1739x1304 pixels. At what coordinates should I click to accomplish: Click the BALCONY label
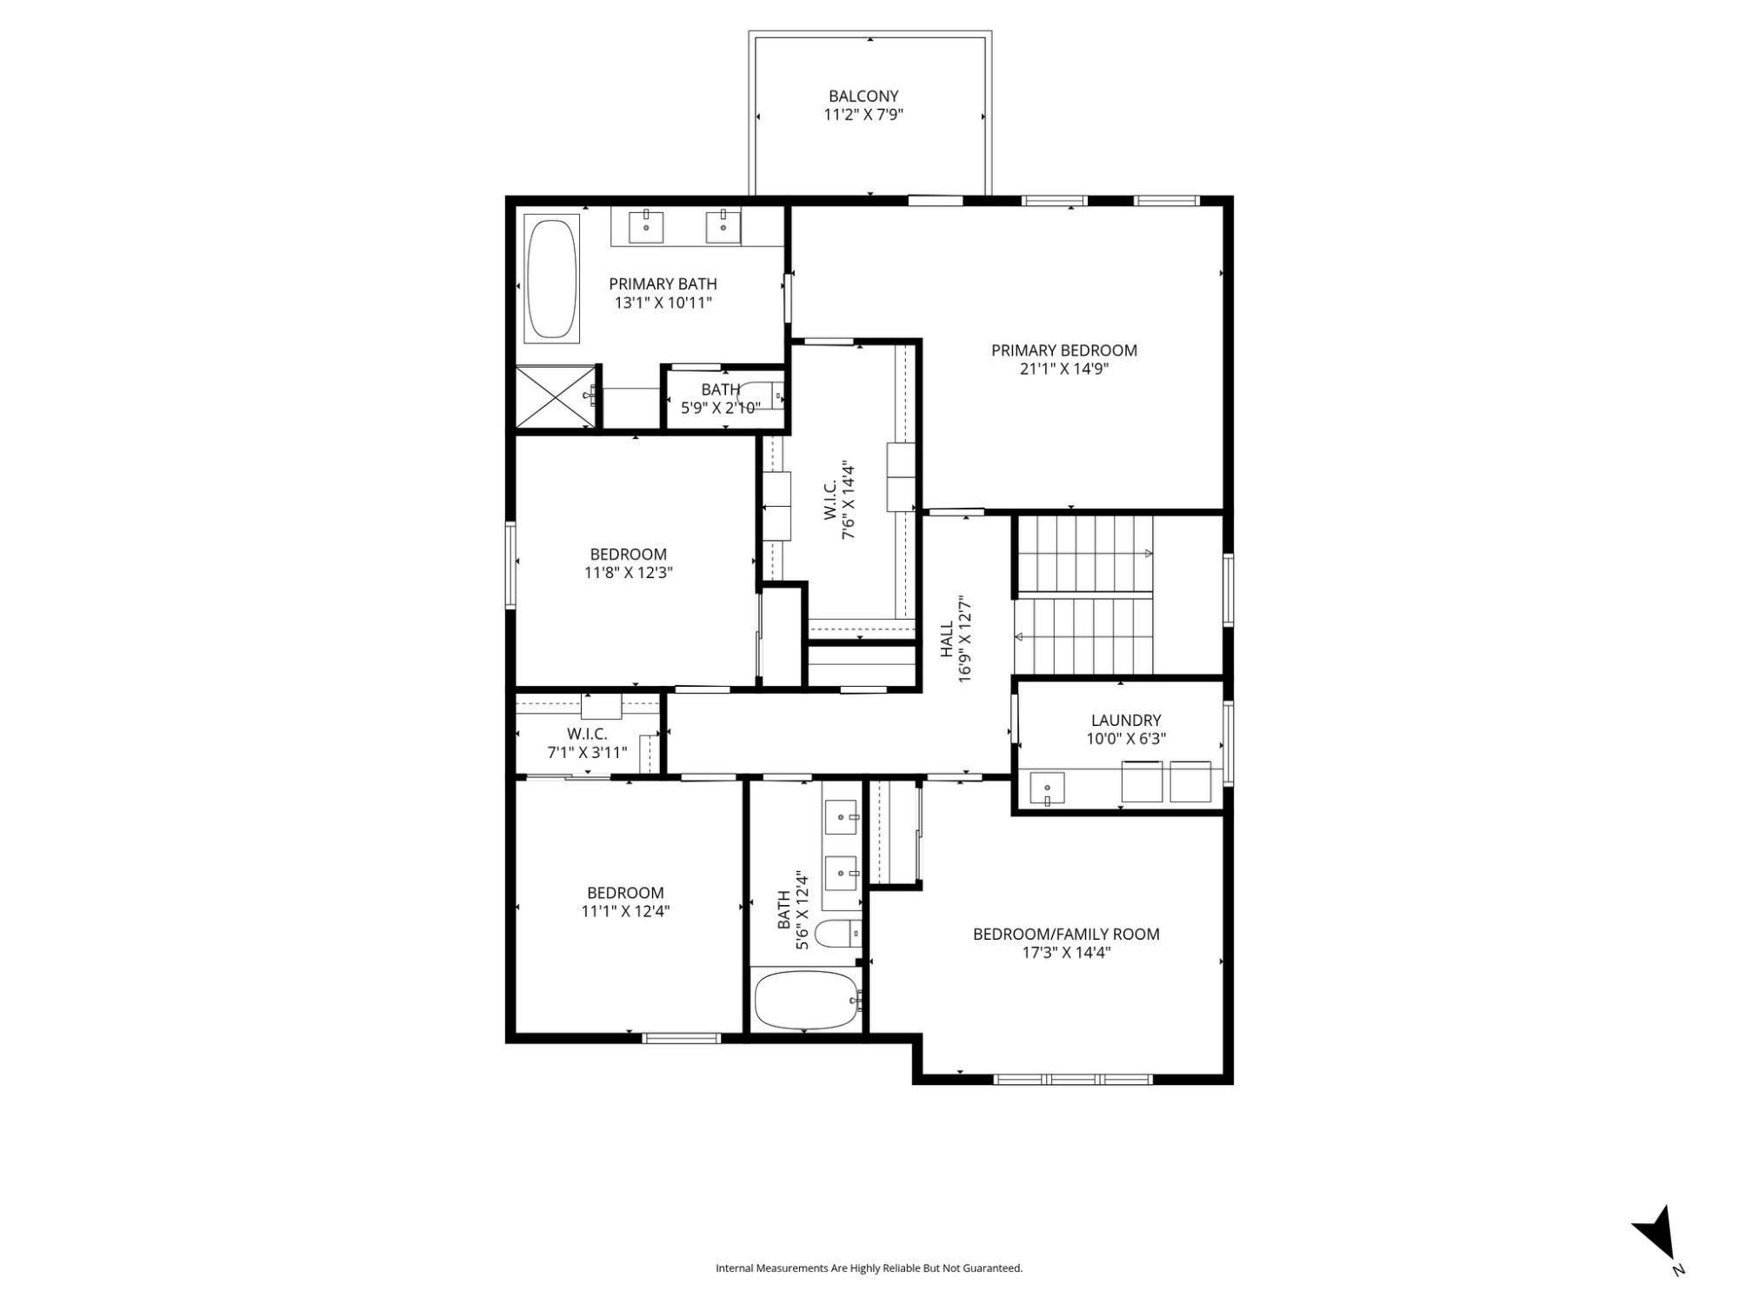coord(863,96)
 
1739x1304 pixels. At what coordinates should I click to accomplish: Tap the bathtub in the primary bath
coord(552,278)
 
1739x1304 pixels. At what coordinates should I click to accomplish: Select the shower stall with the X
coord(556,397)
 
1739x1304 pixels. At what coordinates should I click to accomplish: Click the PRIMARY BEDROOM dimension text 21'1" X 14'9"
coord(1064,369)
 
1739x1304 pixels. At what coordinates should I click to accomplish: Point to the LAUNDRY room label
coord(1126,720)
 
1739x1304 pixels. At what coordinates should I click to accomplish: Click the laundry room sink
coord(1047,788)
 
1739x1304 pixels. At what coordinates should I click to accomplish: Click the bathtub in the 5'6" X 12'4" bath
coord(806,1000)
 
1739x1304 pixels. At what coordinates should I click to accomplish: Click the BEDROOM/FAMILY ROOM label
coord(1066,935)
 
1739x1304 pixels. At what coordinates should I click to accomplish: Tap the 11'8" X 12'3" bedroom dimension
coord(629,573)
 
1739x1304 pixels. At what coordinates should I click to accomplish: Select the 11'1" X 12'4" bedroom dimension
coord(626,911)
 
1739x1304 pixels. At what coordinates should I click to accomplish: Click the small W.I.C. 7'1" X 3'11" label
coord(587,743)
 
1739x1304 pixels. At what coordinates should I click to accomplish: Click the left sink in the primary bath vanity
coord(646,226)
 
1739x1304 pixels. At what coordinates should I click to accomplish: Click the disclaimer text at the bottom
coord(869,1268)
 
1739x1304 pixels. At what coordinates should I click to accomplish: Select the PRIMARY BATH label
coord(663,284)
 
